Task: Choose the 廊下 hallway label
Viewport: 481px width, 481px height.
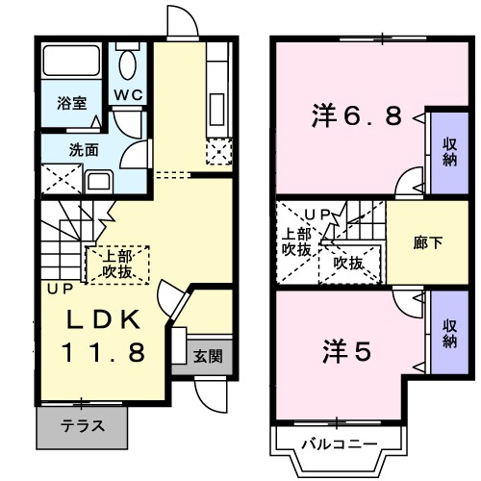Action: pos(429,242)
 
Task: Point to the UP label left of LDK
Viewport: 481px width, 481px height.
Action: pos(53,287)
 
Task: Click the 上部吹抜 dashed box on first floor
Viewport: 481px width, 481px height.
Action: pos(118,264)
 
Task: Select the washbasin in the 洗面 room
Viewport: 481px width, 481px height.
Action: pos(98,180)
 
